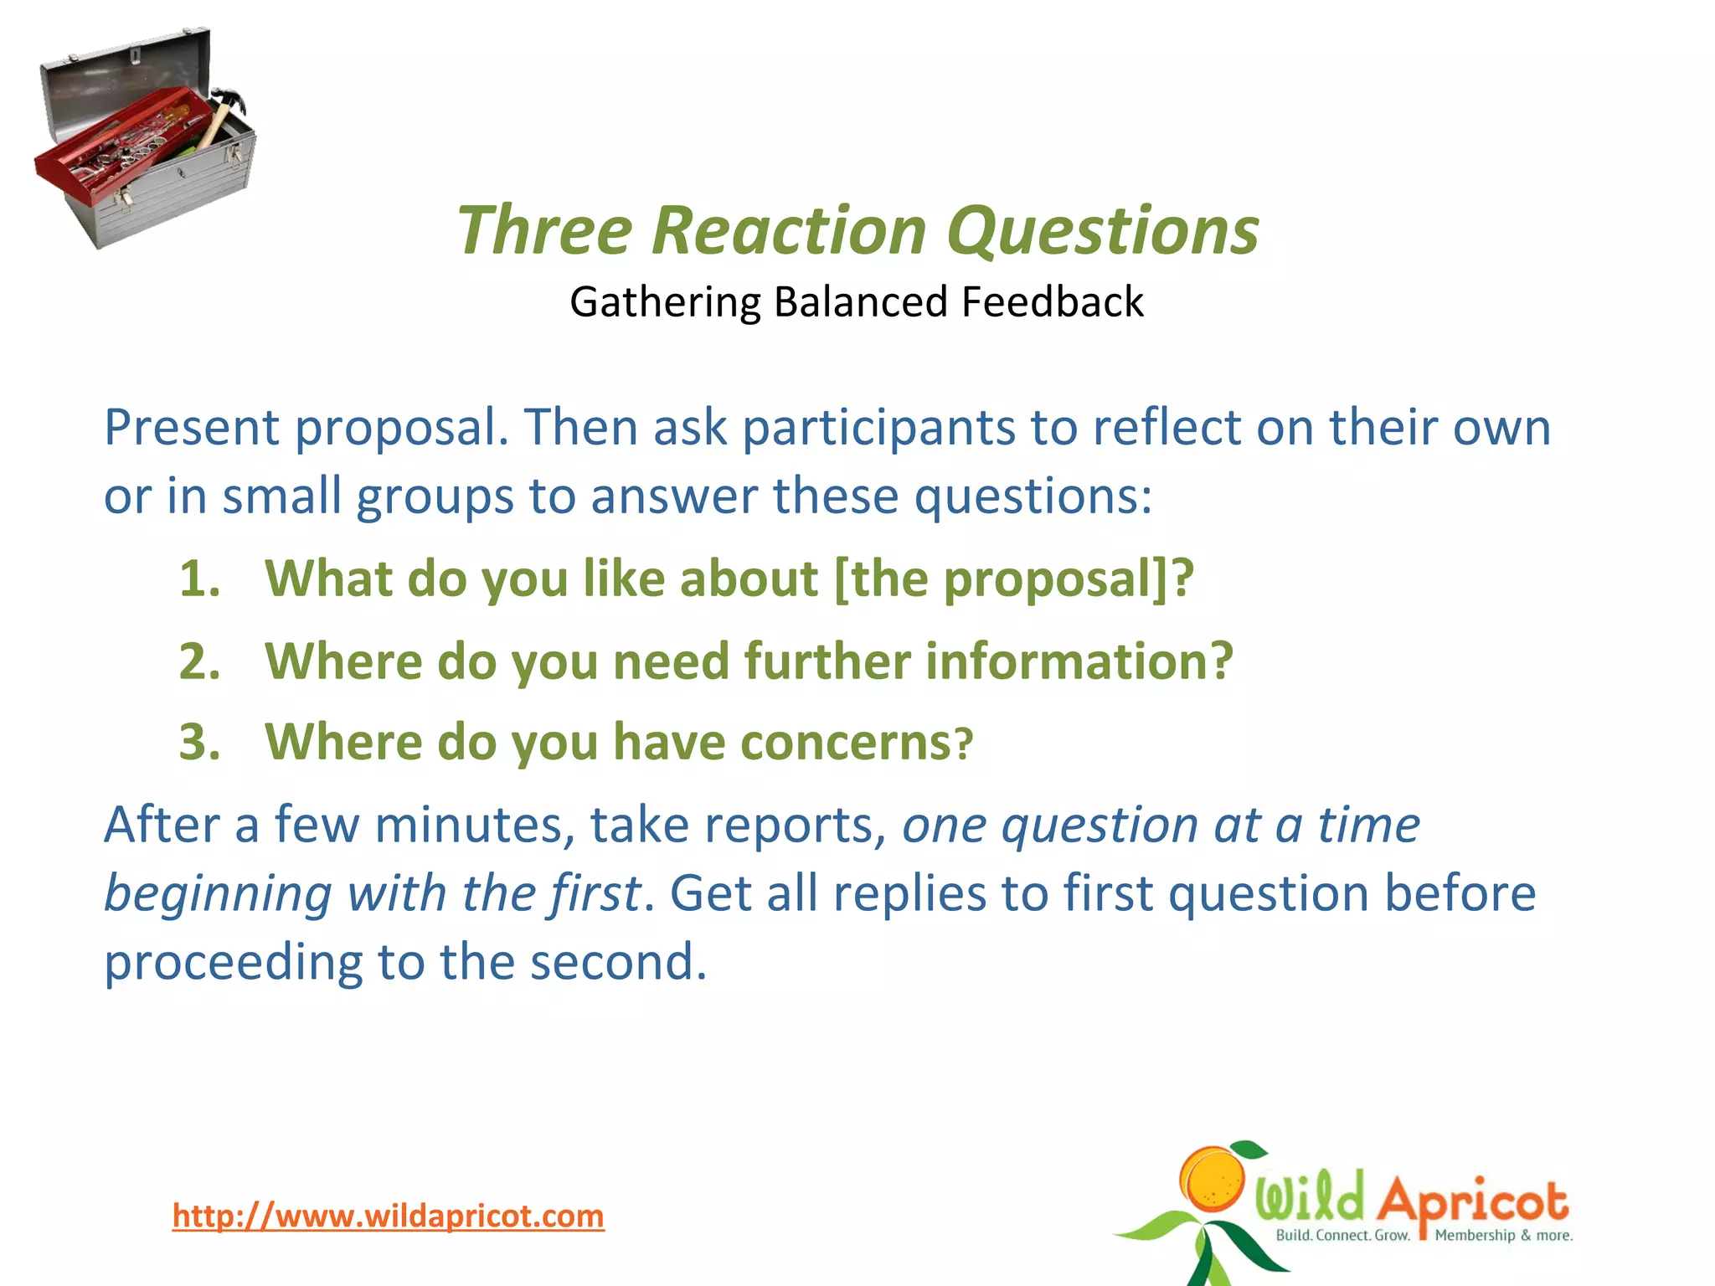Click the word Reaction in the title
click(x=788, y=230)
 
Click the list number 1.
click(x=199, y=579)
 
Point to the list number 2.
click(x=199, y=661)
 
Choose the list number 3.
click(x=199, y=743)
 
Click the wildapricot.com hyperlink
click(x=388, y=1216)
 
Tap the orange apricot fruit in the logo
click(x=1213, y=1179)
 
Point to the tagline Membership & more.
click(x=1503, y=1236)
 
